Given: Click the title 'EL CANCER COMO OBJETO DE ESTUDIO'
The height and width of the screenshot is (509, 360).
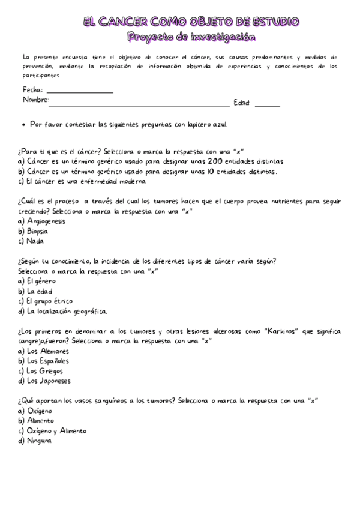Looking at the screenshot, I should (x=191, y=22).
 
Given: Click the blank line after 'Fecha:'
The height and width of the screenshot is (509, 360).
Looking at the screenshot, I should (x=83, y=91).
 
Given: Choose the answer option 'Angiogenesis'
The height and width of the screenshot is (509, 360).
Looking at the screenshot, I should (x=46, y=221).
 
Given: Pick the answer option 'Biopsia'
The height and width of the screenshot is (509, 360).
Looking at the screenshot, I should (x=37, y=231).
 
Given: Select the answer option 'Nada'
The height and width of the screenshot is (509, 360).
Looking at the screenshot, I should (x=35, y=241).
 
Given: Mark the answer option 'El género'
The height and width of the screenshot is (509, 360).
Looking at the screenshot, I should (x=41, y=280).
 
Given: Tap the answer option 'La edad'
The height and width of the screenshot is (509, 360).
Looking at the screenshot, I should (x=40, y=291).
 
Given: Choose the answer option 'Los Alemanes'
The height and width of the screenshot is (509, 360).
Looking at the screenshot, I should (x=48, y=351).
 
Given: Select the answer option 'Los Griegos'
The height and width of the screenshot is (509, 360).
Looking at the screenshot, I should (x=46, y=370).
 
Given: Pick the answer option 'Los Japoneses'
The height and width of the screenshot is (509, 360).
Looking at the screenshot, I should (x=49, y=381).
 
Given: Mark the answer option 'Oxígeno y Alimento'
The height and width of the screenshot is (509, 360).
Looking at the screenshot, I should (x=56, y=430).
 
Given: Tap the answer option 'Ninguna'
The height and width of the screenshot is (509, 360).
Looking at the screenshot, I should (x=39, y=441).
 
